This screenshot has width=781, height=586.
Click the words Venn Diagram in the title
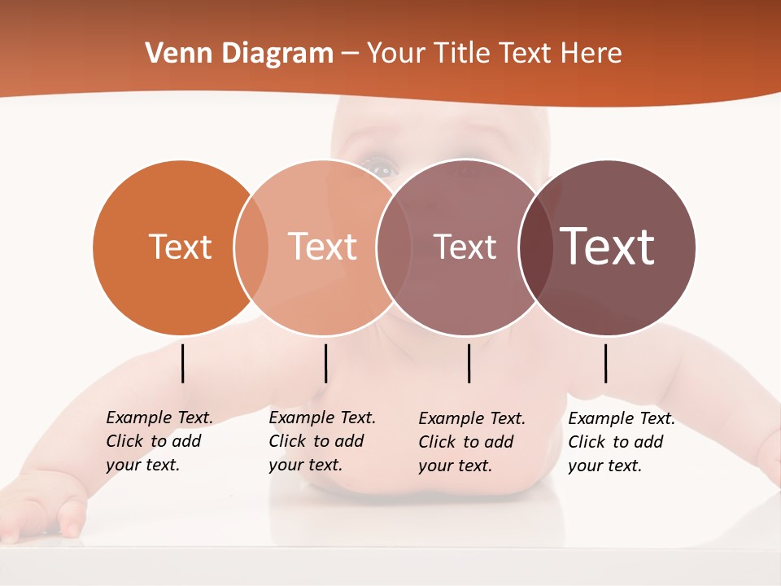pyautogui.click(x=239, y=54)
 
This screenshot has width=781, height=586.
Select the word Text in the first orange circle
pyautogui.click(x=180, y=247)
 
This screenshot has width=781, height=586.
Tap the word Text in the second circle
pyautogui.click(x=322, y=247)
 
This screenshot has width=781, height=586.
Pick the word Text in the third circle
pyautogui.click(x=465, y=247)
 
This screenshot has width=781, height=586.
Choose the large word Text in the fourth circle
pyautogui.click(x=608, y=247)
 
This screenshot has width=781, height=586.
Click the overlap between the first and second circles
pyautogui.click(x=251, y=247)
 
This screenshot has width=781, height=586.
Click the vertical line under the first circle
pyautogui.click(x=183, y=363)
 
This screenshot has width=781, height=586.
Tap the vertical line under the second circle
pyautogui.click(x=325, y=363)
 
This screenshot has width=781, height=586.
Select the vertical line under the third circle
pyautogui.click(x=469, y=363)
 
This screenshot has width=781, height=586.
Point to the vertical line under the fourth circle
pyautogui.click(x=606, y=363)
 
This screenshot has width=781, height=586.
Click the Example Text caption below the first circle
pyautogui.click(x=159, y=441)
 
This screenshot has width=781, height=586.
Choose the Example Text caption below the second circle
pyautogui.click(x=321, y=441)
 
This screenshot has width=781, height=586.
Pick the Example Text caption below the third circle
pyautogui.click(x=471, y=442)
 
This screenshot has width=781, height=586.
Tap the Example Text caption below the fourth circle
pyautogui.click(x=621, y=442)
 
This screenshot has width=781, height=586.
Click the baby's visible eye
pyautogui.click(x=381, y=168)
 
